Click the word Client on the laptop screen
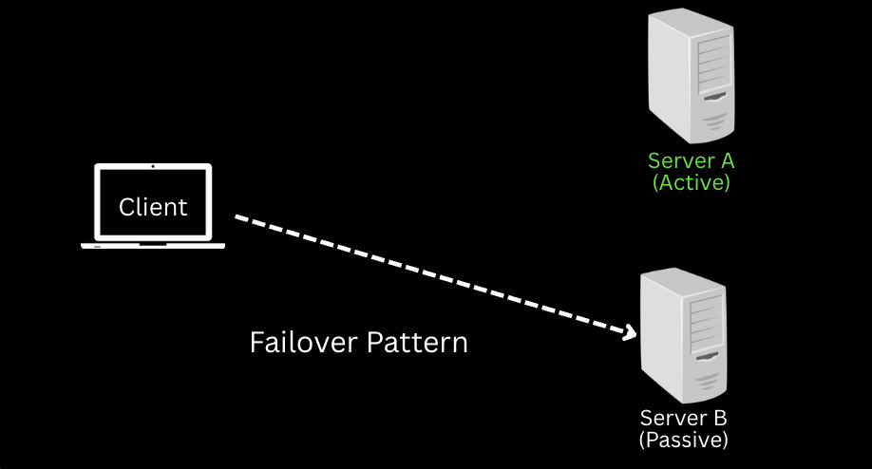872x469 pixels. [153, 206]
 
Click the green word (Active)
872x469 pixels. [692, 182]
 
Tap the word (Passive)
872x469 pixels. [684, 440]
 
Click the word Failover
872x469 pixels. [303, 342]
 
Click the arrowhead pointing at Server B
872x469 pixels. [627, 332]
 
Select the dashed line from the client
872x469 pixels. [427, 274]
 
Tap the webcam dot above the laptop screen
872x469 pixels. [153, 166]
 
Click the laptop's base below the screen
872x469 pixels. [153, 246]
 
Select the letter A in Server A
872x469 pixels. [725, 161]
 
